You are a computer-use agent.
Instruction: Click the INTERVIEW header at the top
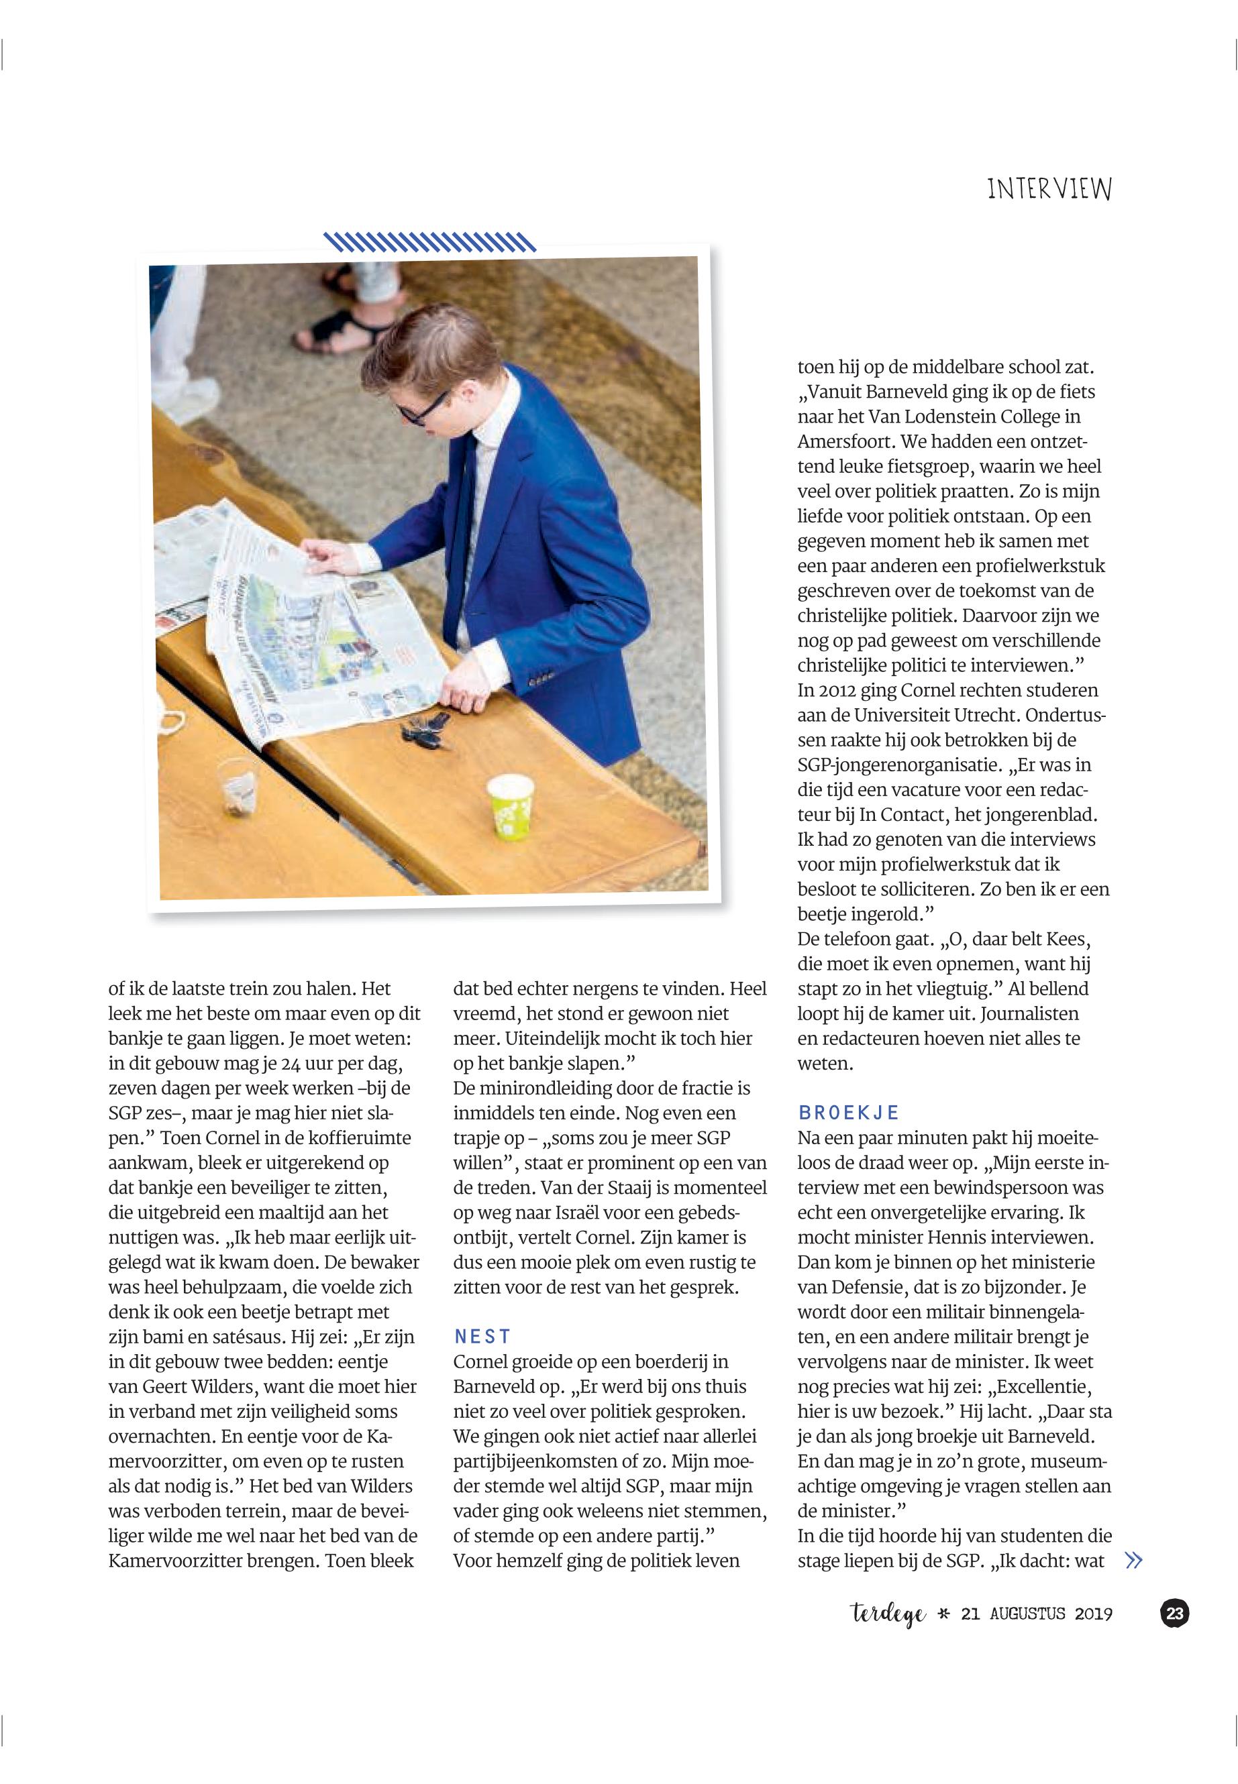pos(1049,188)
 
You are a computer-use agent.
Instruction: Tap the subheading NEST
pos(482,1337)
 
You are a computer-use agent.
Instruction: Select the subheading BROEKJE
pos(848,1113)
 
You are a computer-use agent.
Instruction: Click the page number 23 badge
pos(1174,1614)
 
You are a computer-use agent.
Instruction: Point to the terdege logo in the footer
pos(888,1614)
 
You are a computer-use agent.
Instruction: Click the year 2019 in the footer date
pos(1093,1614)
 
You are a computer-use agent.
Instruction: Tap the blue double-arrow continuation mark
pos(1133,1561)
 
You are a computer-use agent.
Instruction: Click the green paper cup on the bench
pos(511,806)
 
